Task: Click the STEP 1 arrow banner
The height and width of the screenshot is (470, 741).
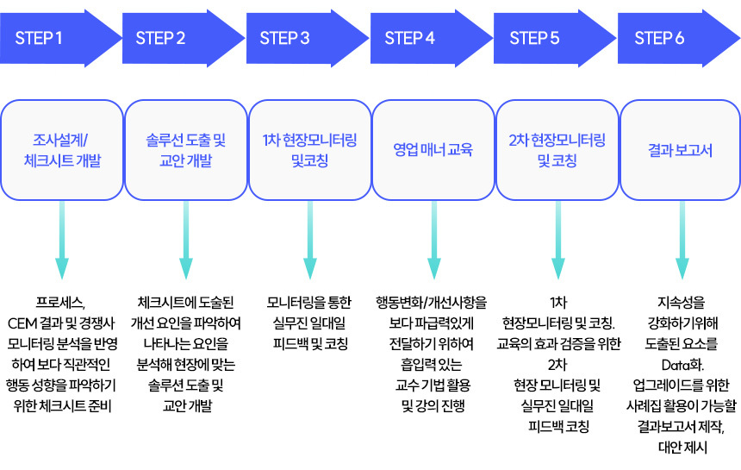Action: click(60, 38)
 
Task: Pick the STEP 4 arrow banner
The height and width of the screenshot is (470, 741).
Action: click(431, 38)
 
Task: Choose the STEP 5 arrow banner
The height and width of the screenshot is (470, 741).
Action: click(555, 38)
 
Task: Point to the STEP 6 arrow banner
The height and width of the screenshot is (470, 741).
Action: click(679, 38)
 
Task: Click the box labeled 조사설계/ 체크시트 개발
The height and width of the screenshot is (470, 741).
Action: click(62, 150)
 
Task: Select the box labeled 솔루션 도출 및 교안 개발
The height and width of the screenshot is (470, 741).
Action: click(186, 150)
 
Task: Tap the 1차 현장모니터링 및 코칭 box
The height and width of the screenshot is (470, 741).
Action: click(309, 150)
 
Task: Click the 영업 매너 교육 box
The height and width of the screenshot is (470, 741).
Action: click(433, 150)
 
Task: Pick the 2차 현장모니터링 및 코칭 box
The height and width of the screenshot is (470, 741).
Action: click(557, 150)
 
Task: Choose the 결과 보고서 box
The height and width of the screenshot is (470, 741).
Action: click(680, 150)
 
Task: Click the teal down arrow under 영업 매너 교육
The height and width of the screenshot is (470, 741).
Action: click(433, 241)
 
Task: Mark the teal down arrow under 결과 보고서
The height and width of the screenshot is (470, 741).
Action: click(682, 241)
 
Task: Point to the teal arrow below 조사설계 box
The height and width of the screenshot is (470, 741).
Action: click(62, 241)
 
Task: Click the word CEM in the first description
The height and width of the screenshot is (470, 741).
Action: click(22, 323)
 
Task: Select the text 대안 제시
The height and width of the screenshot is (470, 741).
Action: click(682, 448)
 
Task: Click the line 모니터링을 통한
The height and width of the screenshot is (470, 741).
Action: click(309, 303)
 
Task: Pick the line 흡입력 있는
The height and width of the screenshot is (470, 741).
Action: click(431, 365)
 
